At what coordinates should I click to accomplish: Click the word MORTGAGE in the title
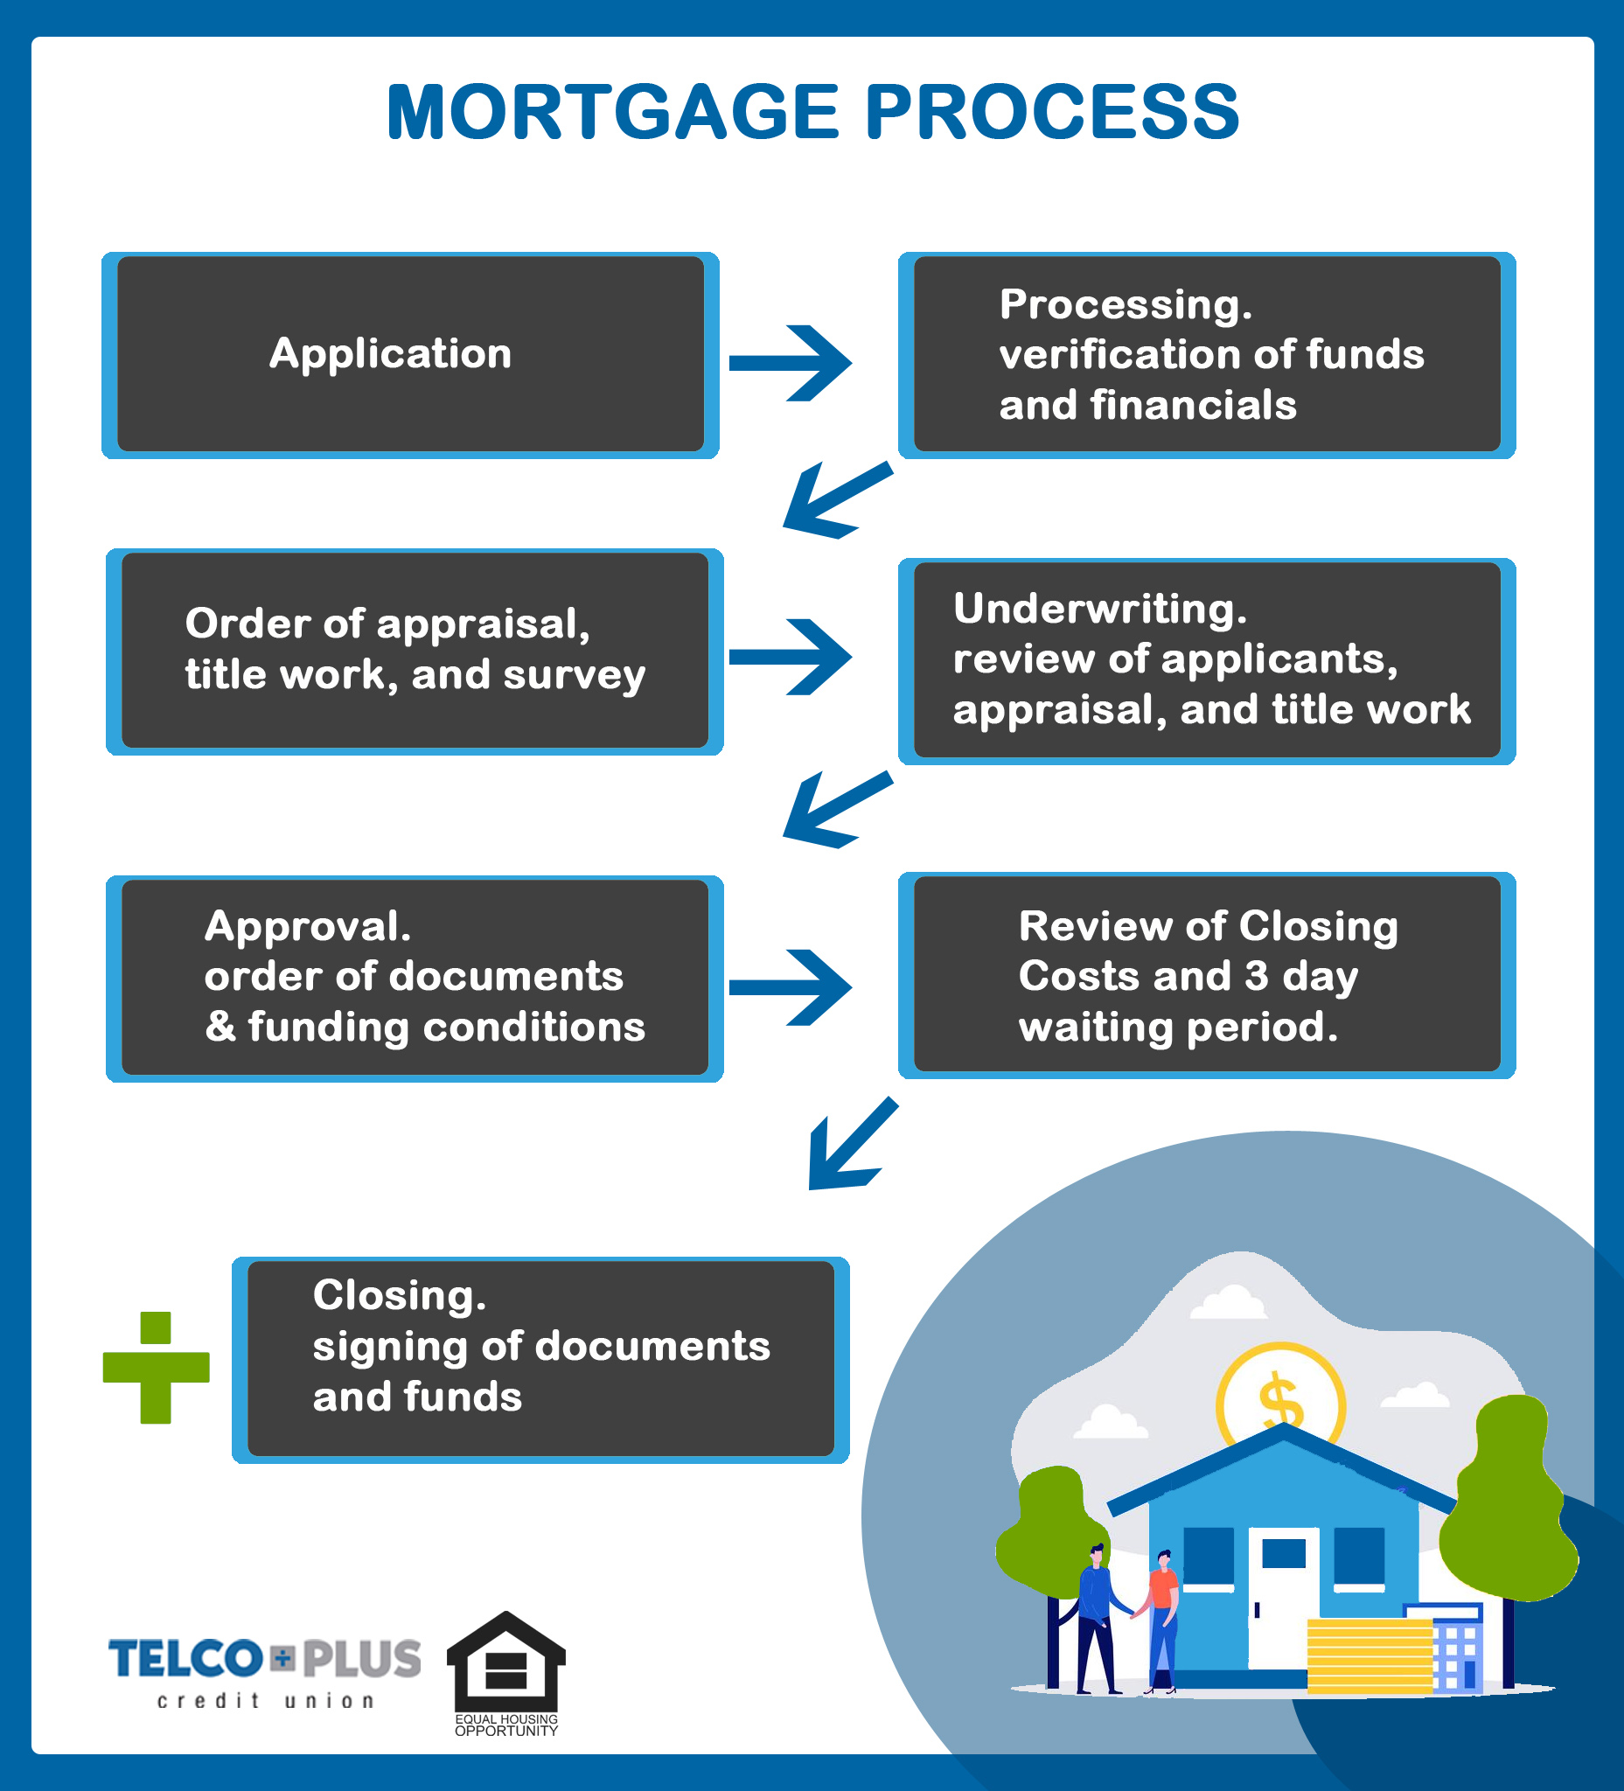pos(613,112)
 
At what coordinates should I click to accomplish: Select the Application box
pos(410,355)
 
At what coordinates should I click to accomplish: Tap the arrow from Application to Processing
pos(790,363)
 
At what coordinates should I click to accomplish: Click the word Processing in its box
pos(1126,304)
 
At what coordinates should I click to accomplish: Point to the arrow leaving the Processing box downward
pos(837,500)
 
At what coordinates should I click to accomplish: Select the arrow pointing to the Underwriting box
pos(790,657)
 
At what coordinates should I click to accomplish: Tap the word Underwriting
pos(1100,610)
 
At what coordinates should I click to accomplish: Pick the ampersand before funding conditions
pos(220,1026)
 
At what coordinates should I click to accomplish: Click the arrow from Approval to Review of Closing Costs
pos(790,987)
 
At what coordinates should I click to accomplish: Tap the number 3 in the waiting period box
pos(1256,975)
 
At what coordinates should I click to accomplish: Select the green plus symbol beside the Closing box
pos(157,1368)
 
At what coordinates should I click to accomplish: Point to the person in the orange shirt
pos(1162,1621)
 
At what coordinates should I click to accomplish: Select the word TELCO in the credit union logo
pos(185,1660)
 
